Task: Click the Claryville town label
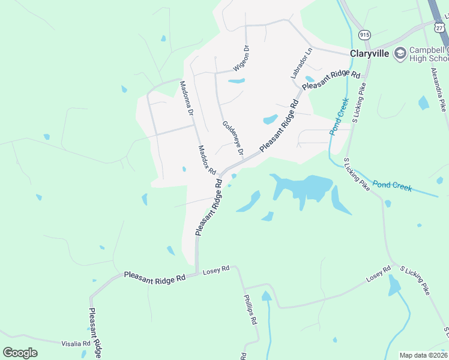[367, 53]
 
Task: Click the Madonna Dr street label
[187, 99]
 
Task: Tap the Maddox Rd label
[207, 159]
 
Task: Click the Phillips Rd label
[250, 309]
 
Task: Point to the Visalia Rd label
[76, 344]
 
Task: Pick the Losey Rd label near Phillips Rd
[217, 271]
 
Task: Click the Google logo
[20, 352]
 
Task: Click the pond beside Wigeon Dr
[237, 80]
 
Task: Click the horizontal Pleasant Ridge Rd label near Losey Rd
[154, 277]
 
